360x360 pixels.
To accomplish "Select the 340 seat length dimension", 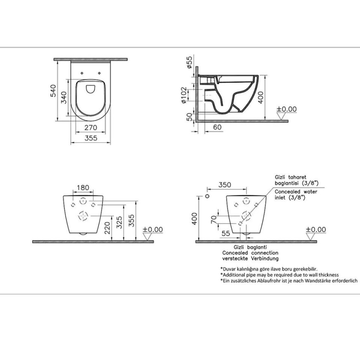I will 64,97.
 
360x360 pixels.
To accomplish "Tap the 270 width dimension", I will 90,128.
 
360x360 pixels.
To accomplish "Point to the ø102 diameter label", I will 184,95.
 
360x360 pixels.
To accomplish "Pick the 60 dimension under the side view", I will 217,127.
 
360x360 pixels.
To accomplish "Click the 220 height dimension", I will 107,228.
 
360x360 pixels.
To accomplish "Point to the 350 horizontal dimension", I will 225,185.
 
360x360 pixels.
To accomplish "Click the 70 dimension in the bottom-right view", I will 214,219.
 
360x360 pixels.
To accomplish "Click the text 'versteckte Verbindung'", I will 250,259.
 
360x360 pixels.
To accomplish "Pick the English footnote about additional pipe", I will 279,275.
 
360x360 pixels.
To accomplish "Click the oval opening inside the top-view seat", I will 90,89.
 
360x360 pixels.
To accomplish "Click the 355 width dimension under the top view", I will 90,138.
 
